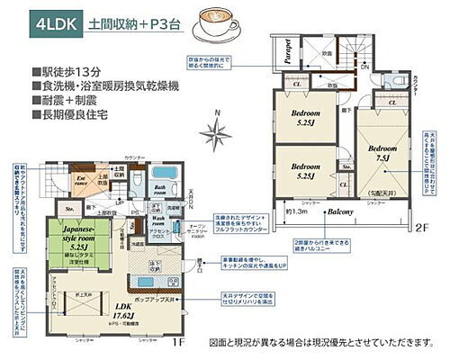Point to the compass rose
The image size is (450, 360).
pos(216,133)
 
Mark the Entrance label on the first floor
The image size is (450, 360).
pos(80,182)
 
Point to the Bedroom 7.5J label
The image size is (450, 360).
pos(379,152)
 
